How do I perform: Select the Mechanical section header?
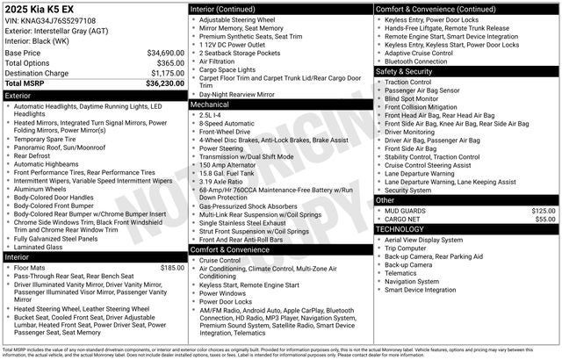(210, 104)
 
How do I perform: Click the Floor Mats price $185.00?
(172, 267)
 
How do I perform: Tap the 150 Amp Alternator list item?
(231, 164)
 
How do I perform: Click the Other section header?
(385, 200)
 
